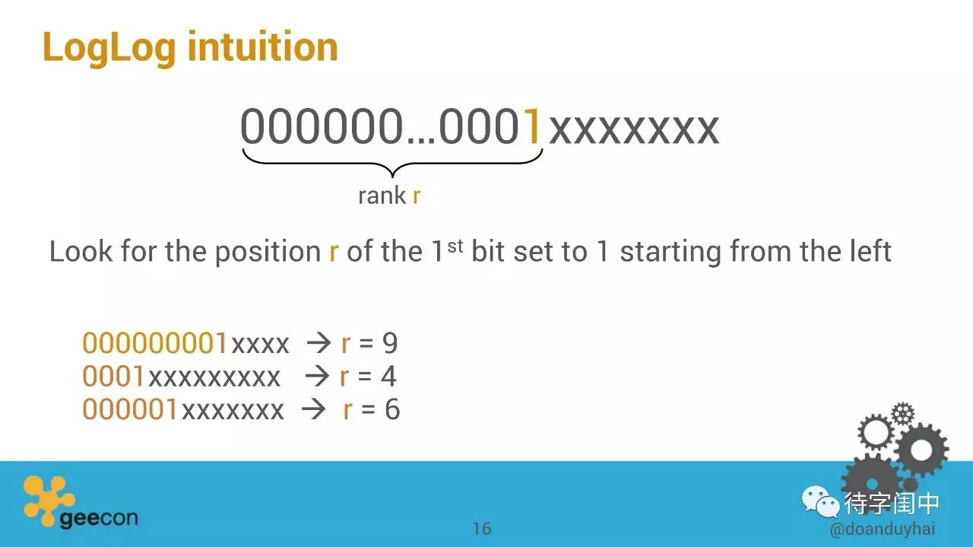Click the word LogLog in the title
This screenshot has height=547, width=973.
tap(109, 49)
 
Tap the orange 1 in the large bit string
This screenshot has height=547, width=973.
tap(532, 126)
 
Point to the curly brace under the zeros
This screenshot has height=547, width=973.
tap(392, 163)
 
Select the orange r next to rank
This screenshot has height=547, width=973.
tap(416, 196)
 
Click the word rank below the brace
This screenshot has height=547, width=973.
tap(382, 196)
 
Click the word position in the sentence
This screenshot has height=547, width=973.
tap(268, 252)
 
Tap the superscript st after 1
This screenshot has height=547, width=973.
tap(455, 246)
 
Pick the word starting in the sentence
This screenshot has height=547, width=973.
tap(670, 252)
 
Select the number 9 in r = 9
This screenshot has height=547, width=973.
tap(390, 343)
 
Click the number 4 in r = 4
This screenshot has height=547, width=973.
tap(388, 376)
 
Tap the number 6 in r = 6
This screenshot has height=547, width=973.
tap(391, 409)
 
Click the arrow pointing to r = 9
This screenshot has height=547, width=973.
tap(319, 344)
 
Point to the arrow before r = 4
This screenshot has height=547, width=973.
tap(317, 377)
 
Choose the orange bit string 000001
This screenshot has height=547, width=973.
tap(129, 409)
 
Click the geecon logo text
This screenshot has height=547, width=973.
tap(99, 519)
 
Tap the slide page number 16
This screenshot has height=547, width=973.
tap(482, 529)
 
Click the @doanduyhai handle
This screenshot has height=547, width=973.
tap(883, 530)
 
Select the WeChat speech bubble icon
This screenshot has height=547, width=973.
tap(820, 502)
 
